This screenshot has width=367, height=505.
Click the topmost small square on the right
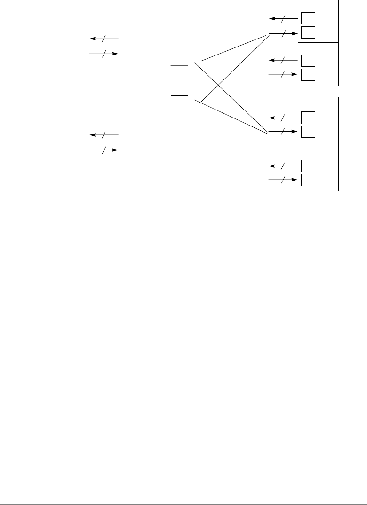308,18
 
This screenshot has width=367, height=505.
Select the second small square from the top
308,32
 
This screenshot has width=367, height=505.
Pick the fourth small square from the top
308,74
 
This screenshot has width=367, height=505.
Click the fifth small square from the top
308,118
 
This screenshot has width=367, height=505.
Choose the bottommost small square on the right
308,180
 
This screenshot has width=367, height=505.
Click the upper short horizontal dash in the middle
179,66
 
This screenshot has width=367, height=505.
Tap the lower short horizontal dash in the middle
179,95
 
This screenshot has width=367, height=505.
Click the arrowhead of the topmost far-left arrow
92,39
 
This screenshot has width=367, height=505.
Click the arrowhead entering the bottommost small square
295,180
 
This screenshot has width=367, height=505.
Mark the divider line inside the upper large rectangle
318,42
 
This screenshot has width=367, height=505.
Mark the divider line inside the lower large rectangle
318,142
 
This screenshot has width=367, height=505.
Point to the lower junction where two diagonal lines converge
268,133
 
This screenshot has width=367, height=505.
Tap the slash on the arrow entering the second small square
282,33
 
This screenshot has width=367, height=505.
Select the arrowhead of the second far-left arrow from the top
115,54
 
